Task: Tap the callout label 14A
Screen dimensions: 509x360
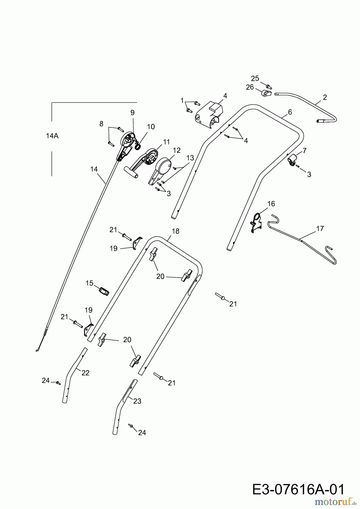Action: click(x=52, y=136)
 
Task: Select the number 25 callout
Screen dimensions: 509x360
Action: click(x=255, y=78)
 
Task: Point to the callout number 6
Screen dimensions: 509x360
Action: click(x=290, y=112)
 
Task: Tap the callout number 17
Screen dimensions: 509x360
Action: click(x=320, y=228)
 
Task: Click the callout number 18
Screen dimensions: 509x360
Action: click(x=175, y=231)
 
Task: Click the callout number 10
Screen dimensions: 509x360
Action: click(x=151, y=127)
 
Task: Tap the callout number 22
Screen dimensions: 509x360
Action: click(x=85, y=373)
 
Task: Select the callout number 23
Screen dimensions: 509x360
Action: click(x=137, y=401)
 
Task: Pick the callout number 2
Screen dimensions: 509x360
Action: click(x=325, y=97)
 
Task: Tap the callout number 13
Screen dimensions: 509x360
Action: click(x=190, y=158)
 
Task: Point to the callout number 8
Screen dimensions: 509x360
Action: click(x=101, y=124)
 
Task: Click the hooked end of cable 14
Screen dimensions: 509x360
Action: click(x=38, y=350)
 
